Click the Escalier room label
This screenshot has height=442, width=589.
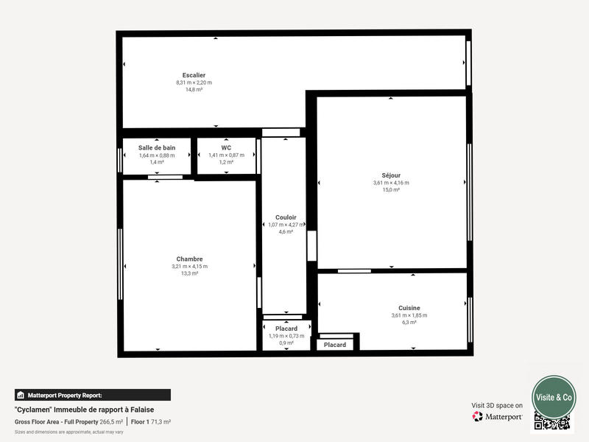click(x=194, y=75)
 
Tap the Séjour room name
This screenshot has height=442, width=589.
click(x=391, y=175)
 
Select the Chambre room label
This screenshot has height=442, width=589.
click(x=189, y=259)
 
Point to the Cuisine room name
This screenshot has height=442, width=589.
click(x=409, y=307)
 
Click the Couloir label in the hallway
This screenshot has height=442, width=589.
click(x=286, y=217)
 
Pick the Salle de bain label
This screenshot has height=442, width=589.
click(x=157, y=147)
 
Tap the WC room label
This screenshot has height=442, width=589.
click(x=226, y=147)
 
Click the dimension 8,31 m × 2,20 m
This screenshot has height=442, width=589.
click(x=194, y=83)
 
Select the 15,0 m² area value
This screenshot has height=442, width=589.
click(x=391, y=190)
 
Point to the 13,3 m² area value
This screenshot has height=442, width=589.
click(x=189, y=273)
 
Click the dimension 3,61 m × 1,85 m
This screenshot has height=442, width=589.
click(x=409, y=315)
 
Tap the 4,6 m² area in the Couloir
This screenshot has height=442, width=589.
click(x=286, y=232)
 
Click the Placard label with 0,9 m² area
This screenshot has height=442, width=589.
click(x=286, y=328)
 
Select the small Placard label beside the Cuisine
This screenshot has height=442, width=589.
click(x=335, y=345)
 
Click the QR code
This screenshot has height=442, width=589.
click(x=552, y=422)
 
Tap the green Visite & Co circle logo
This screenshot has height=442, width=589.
click(x=554, y=397)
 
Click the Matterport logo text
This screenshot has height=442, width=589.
click(x=503, y=417)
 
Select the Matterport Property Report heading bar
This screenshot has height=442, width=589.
click(x=93, y=395)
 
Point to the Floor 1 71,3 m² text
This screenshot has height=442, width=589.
click(x=151, y=421)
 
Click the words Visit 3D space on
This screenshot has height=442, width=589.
click(x=497, y=405)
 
